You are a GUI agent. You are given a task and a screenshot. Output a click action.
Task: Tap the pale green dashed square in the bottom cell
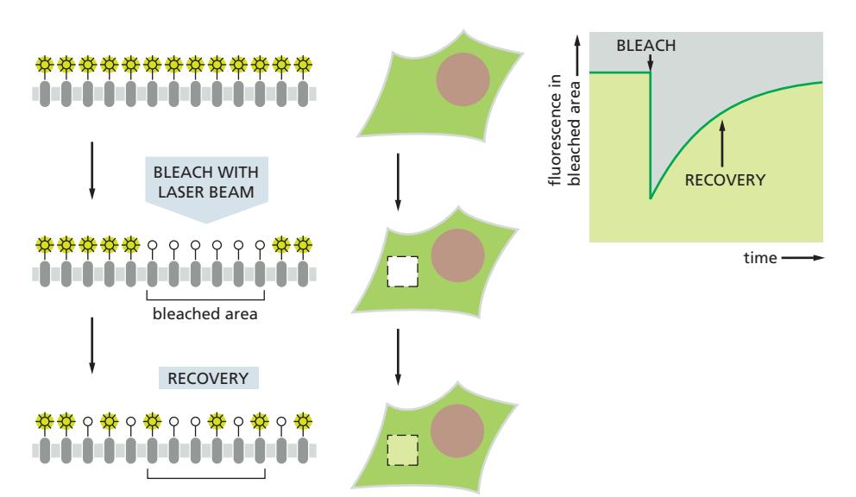pyautogui.click(x=402, y=449)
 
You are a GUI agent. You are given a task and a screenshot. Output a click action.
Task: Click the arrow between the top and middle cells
pyautogui.click(x=397, y=182)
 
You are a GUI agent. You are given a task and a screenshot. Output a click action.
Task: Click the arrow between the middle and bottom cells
pyautogui.click(x=397, y=356)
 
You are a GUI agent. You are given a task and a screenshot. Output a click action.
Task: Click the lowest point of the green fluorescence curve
pyautogui.click(x=651, y=198)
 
